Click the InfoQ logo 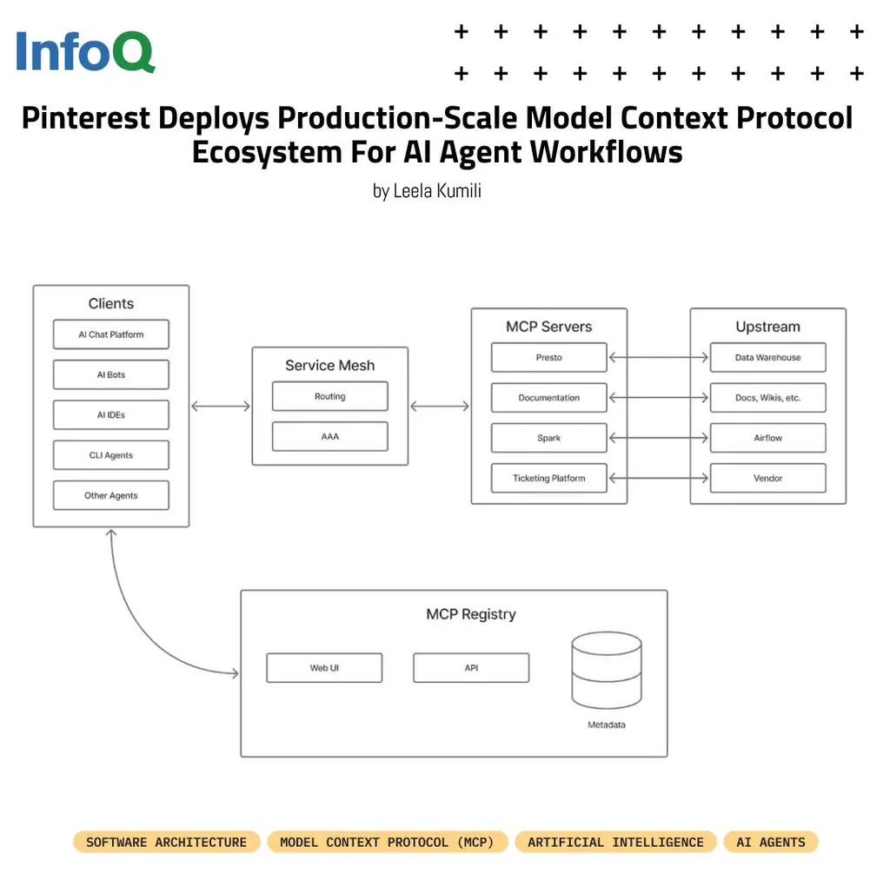(x=85, y=52)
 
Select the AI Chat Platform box (x=111, y=334)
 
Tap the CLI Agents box (x=111, y=455)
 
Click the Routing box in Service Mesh (x=329, y=396)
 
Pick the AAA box (x=329, y=436)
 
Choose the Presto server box (x=548, y=357)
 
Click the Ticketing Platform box (x=548, y=478)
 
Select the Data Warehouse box (x=767, y=357)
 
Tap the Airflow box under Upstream (x=767, y=438)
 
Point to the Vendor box (x=767, y=478)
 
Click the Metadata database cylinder (x=606, y=671)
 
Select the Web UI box (x=324, y=668)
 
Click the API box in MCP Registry (x=471, y=668)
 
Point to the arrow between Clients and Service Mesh (x=221, y=406)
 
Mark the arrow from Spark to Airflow (x=658, y=438)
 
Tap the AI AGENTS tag (x=770, y=842)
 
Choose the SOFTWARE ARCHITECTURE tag (x=166, y=842)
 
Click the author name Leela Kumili (x=427, y=191)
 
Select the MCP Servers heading (x=548, y=327)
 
